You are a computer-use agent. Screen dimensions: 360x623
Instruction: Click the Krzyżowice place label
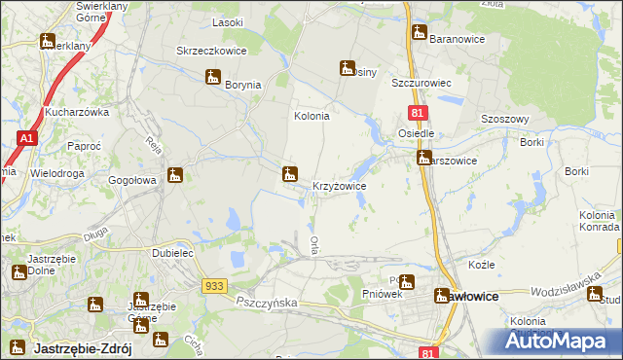coord(339,185)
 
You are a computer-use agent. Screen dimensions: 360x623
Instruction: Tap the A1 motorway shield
coord(26,141)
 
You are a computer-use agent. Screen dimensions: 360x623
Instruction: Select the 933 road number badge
coord(216,285)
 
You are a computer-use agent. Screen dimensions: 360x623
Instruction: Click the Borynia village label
coord(243,85)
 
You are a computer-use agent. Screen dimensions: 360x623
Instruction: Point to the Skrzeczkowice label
coord(211,51)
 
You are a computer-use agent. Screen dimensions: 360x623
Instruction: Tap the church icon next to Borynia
coord(214,78)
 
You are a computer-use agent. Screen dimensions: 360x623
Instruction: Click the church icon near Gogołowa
coord(175,175)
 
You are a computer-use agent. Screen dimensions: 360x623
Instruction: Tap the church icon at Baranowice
coord(420,31)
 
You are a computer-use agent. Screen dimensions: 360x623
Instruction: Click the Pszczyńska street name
coord(266,303)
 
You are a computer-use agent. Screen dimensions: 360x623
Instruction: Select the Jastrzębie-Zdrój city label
coord(77,347)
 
